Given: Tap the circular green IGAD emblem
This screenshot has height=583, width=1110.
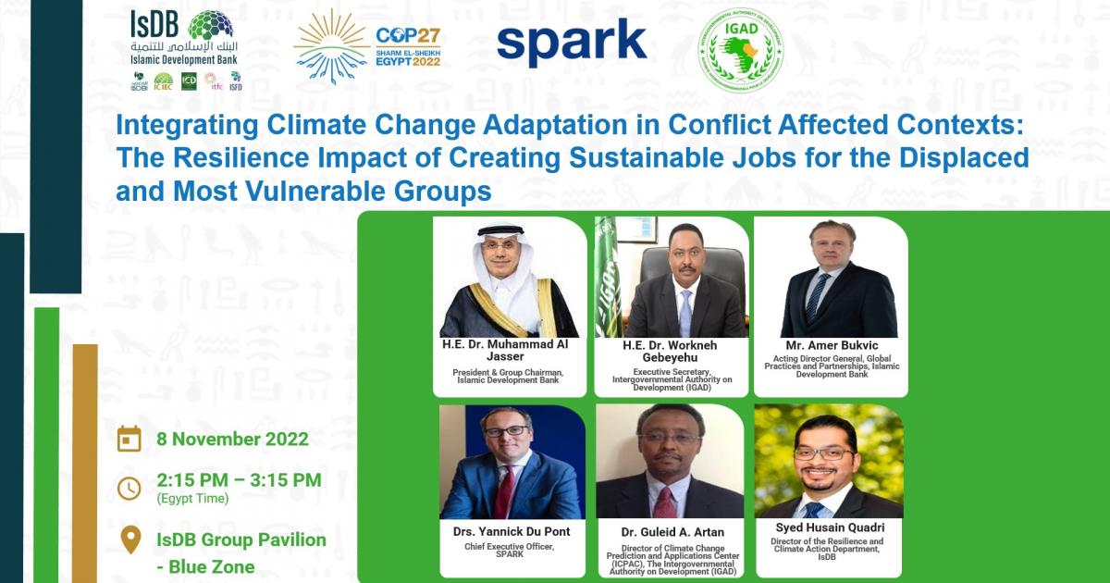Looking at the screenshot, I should tap(738, 51).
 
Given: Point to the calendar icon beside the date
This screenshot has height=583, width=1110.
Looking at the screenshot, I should tap(129, 438).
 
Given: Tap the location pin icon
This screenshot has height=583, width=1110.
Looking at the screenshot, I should tap(131, 540).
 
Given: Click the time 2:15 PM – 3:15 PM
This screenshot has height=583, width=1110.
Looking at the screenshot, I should tap(239, 479).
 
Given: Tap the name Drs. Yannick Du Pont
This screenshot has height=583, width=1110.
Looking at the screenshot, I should tap(512, 531).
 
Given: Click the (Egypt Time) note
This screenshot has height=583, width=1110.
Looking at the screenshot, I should tap(194, 499).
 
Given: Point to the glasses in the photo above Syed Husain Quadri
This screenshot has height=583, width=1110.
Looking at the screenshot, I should tap(825, 454).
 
